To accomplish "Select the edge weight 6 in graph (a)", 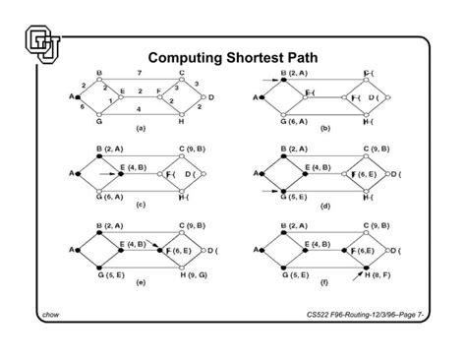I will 83,108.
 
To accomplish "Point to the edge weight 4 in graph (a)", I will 139,108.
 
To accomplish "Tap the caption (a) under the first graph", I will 141,128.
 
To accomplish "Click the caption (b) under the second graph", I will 325,129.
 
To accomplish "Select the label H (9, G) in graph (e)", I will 195,272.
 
